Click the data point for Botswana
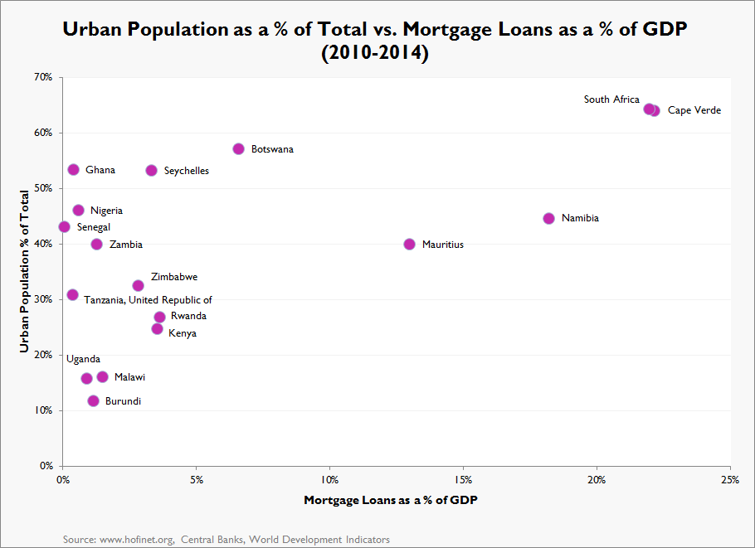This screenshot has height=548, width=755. point(238,148)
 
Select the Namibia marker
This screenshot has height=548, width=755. point(548,218)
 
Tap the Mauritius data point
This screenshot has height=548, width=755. point(409,244)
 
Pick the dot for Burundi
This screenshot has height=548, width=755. point(93,400)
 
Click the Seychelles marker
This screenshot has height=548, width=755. point(151,170)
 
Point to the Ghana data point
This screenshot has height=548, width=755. point(73,169)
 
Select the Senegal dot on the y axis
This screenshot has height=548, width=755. point(64,226)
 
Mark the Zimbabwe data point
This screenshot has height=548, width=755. point(138,285)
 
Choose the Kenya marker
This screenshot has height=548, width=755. point(157,328)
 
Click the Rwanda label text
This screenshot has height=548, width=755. point(188,316)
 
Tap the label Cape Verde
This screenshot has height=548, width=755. point(694,110)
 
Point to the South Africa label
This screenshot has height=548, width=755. point(611,99)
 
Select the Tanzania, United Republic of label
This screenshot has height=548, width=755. point(148,300)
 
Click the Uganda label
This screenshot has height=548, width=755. point(83,359)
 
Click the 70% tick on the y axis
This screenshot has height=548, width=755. point(43,77)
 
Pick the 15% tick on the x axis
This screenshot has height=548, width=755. point(464,480)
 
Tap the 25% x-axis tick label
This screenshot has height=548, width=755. point(731,480)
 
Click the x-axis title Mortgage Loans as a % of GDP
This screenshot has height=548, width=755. point(391,500)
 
